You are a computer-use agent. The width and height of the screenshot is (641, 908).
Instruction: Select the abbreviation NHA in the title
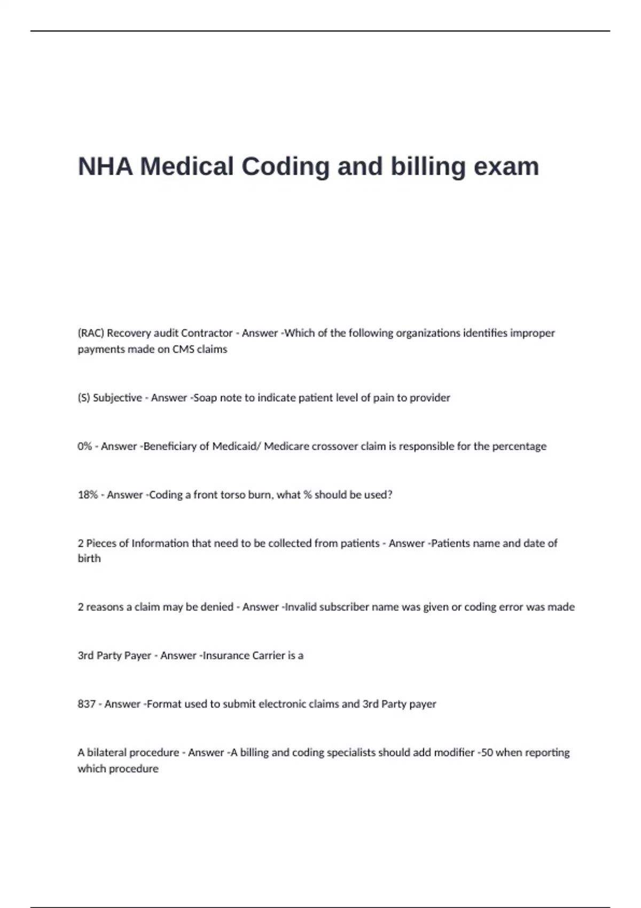(x=105, y=167)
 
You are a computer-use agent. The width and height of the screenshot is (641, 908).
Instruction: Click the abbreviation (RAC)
(x=91, y=333)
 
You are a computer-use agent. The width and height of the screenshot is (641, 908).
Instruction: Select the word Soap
(x=205, y=398)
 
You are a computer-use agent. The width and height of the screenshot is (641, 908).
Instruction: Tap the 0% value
(x=85, y=447)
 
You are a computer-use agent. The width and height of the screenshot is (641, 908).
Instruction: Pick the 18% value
(x=88, y=495)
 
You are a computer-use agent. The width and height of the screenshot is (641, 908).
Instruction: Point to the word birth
(x=89, y=559)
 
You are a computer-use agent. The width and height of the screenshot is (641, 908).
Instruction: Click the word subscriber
(x=347, y=607)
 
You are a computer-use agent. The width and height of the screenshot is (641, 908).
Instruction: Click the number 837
(x=87, y=705)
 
